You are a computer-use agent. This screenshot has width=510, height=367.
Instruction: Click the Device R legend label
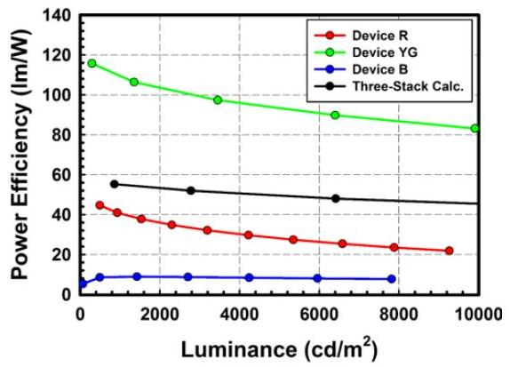pos(380,36)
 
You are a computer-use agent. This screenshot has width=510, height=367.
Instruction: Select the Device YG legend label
pos(385,52)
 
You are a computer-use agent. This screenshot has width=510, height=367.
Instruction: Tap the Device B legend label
pos(380,69)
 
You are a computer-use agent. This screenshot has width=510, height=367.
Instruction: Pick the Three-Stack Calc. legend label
pos(408,86)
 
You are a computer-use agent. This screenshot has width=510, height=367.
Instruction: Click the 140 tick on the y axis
pos(57,15)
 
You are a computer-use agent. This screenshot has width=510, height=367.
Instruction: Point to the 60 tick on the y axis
pos(62,175)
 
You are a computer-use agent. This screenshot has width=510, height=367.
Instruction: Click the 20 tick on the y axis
pos(62,255)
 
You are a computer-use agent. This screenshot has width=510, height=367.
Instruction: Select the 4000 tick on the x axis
pos(239,315)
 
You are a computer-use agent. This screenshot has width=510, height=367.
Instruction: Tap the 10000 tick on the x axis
pos(478,315)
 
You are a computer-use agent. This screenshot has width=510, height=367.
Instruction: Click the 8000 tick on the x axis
pos(399,315)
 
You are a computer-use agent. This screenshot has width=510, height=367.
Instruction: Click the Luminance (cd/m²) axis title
pos(279,348)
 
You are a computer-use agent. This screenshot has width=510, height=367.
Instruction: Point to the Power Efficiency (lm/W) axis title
pos(20,154)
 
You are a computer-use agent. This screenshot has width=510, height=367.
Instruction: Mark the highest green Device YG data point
pos(92,63)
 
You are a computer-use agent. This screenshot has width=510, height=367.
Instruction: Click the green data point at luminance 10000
pos(474,129)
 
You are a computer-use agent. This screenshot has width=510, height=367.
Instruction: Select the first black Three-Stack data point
pos(114,184)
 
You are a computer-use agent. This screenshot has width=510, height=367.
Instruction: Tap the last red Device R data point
pos(450,251)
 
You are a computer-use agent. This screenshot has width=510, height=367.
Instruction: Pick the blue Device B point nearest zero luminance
pos(84,283)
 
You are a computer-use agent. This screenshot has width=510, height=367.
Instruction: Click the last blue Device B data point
pos(392,279)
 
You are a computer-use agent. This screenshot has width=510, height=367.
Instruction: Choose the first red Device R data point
pos(100,205)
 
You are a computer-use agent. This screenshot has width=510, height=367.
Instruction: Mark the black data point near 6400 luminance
pos(336,198)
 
